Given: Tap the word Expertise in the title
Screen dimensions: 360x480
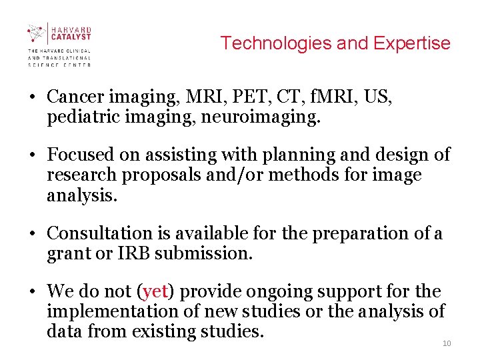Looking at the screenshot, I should (x=412, y=43).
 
